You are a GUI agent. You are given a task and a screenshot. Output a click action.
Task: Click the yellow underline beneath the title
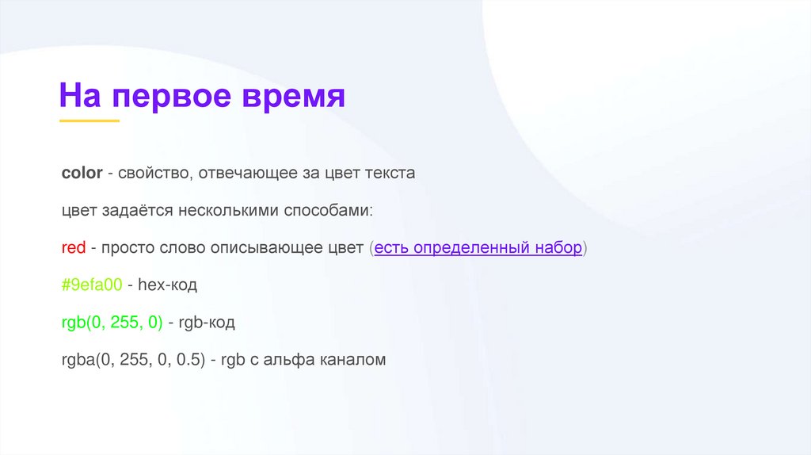pyautogui.click(x=89, y=120)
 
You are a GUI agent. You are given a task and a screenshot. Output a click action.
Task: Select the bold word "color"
pyautogui.click(x=82, y=173)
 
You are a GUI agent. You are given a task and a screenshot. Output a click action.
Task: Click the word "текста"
pyautogui.click(x=389, y=173)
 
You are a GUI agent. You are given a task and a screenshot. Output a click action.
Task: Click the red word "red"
pyautogui.click(x=74, y=248)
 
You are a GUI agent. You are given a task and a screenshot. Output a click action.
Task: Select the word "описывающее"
pyautogui.click(x=260, y=248)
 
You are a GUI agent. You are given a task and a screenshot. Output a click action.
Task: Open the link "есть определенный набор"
pyautogui.click(x=478, y=248)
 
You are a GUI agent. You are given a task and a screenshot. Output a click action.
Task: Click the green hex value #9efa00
pyautogui.click(x=91, y=285)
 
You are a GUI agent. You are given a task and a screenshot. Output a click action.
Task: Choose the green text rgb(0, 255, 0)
pyautogui.click(x=112, y=323)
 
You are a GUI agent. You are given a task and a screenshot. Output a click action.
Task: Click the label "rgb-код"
pyautogui.click(x=208, y=323)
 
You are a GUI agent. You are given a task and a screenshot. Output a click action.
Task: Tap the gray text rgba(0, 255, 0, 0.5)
pyautogui.click(x=134, y=360)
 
